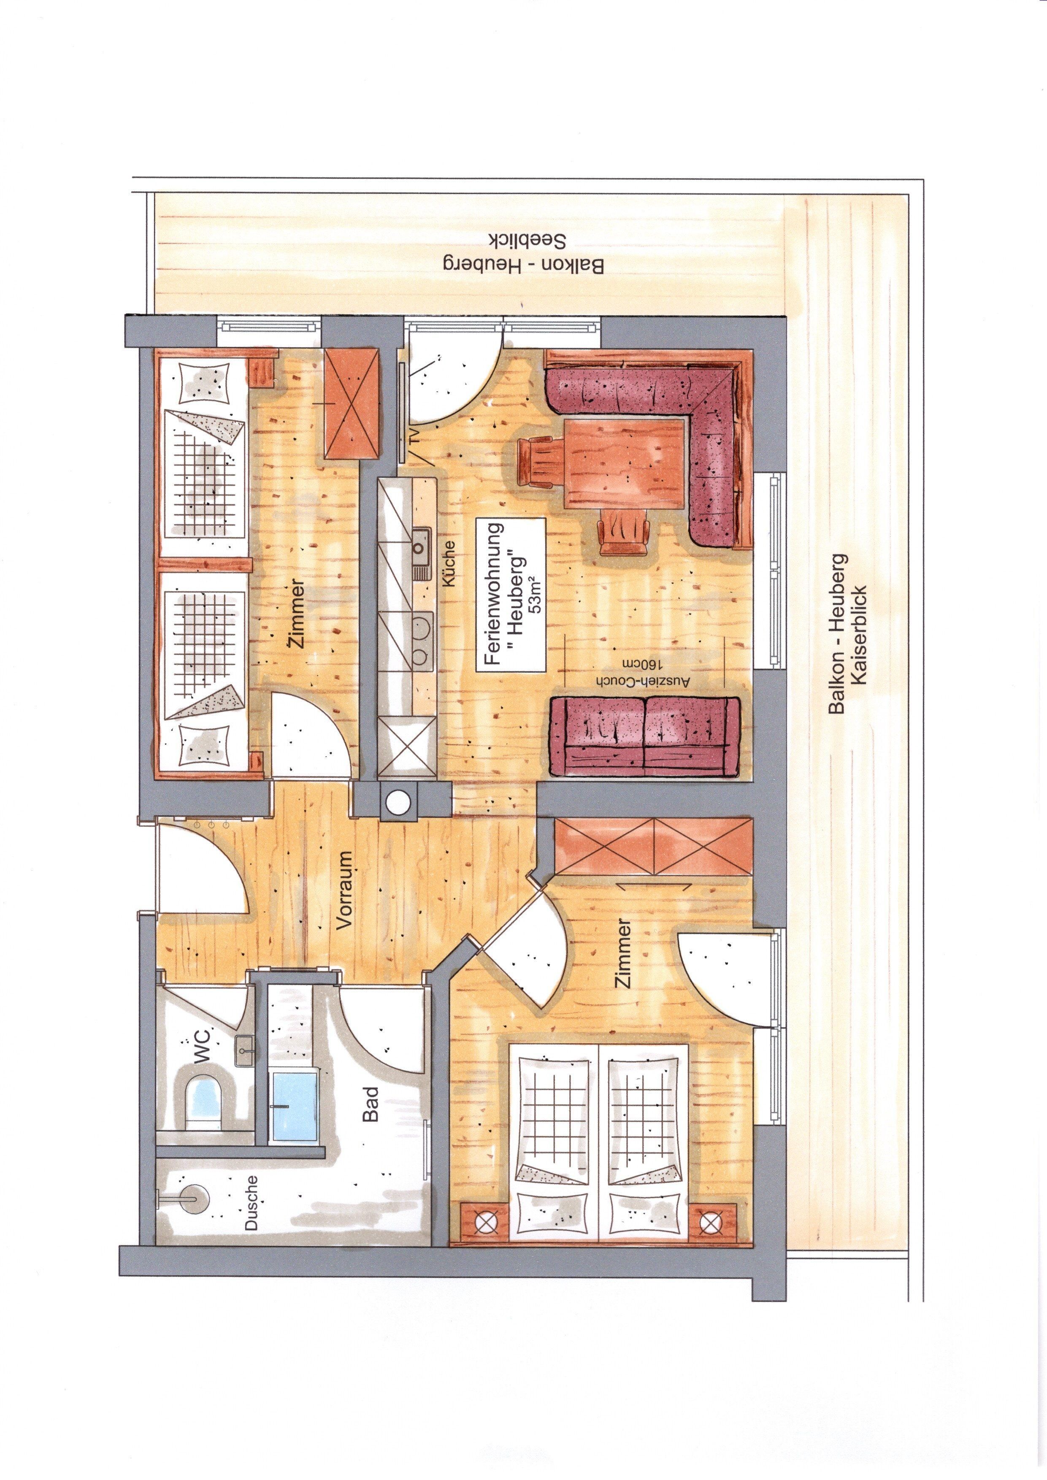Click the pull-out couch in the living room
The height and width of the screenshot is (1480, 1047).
(645, 736)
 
